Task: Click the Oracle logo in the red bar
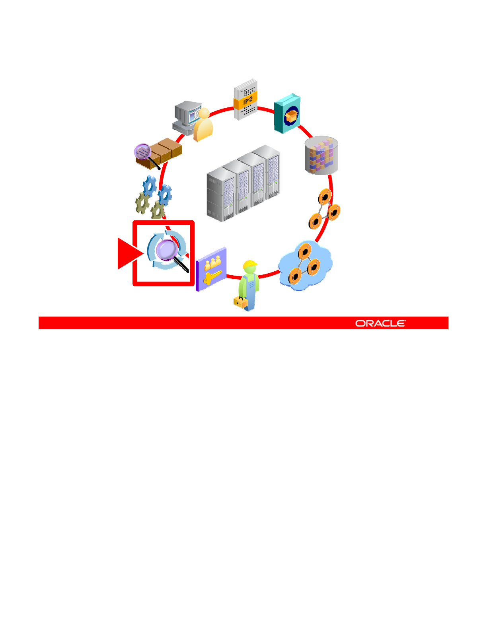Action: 380,323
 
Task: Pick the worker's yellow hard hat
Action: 250,264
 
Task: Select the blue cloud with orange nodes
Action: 305,266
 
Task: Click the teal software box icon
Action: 287,114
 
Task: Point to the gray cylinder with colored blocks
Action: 321,156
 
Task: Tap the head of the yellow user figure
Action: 204,114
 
